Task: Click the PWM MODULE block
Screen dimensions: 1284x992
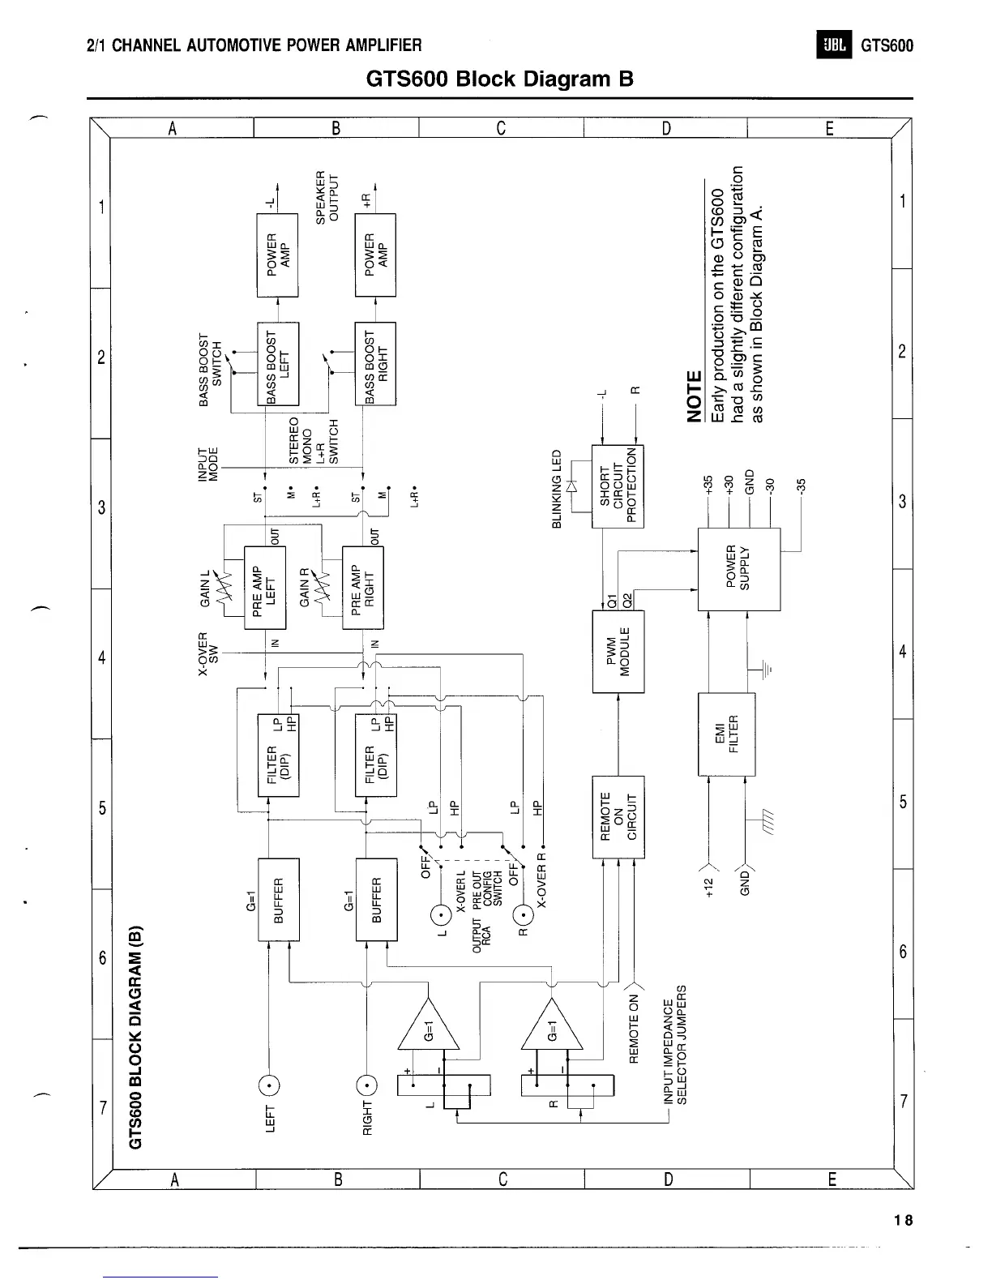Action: [618, 653]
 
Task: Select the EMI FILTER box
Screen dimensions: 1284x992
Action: [726, 734]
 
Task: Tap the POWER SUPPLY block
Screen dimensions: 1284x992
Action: [738, 569]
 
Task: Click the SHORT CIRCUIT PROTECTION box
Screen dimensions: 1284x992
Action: [618, 486]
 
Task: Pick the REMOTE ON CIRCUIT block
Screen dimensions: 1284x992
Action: [618, 816]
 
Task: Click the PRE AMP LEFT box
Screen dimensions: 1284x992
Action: [265, 588]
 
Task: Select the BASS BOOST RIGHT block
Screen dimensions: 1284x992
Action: [375, 363]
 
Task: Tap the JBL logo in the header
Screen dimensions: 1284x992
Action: [834, 45]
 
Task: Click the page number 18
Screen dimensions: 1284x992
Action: [904, 1220]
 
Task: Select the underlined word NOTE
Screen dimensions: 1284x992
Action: [695, 397]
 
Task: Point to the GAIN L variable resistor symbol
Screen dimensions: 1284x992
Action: [224, 583]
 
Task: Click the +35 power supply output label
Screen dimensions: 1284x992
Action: [707, 486]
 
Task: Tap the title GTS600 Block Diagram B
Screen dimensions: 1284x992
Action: [499, 79]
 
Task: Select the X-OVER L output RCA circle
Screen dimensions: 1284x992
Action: [442, 916]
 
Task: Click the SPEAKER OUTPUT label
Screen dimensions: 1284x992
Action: [327, 197]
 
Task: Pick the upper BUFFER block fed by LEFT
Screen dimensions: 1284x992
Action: [278, 899]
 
